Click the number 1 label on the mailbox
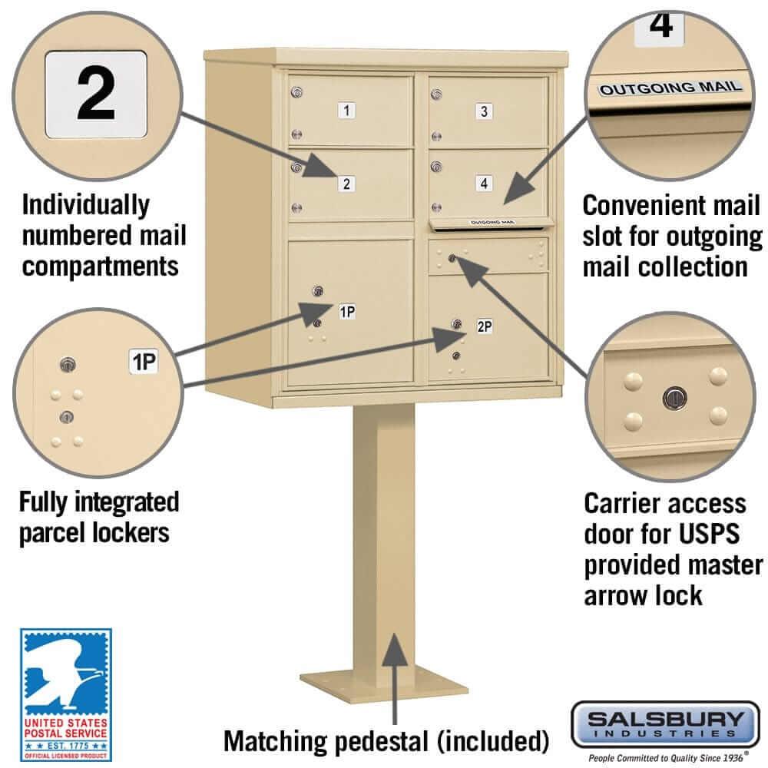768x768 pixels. [347, 111]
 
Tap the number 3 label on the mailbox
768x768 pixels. [483, 111]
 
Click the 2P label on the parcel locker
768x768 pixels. [484, 326]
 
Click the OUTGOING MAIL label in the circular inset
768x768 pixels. [670, 88]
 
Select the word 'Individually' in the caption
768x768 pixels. [86, 205]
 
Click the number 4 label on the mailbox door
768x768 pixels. [482, 183]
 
